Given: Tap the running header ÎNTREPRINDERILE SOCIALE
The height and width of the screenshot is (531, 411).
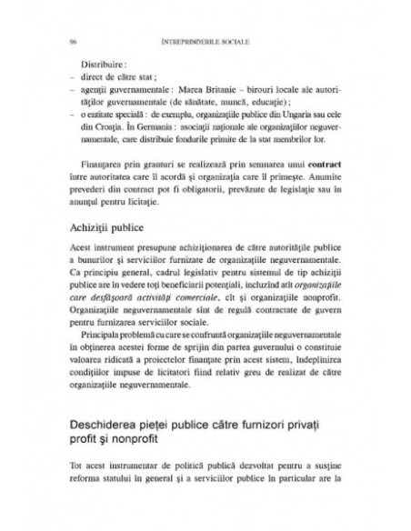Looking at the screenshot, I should pos(206,41).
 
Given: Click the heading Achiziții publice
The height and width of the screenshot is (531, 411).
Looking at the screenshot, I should pos(113,227).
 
